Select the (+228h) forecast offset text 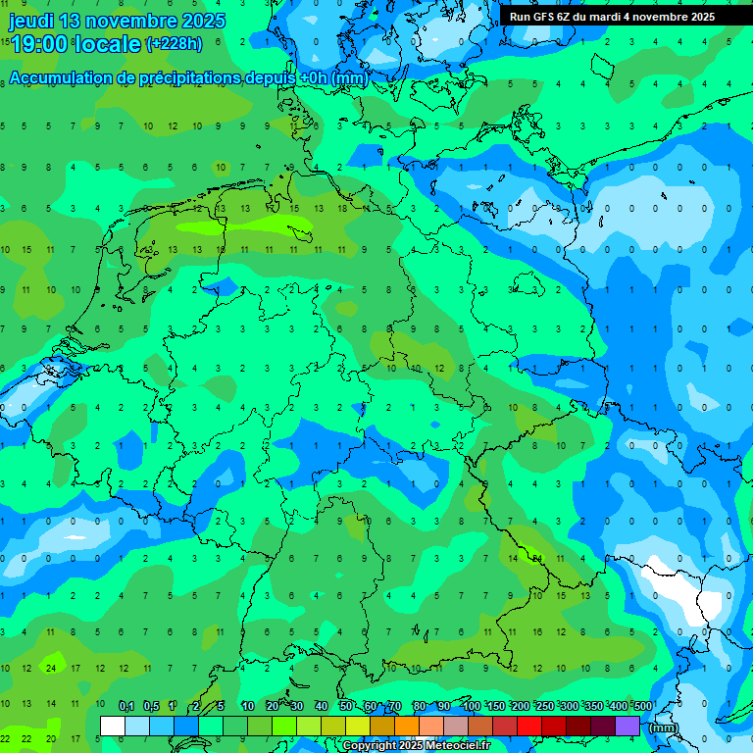(174, 43)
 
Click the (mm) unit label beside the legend (663, 728)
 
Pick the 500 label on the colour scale (643, 706)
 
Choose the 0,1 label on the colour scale (126, 706)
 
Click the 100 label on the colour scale (472, 706)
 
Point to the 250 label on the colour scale (545, 706)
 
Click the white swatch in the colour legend (113, 727)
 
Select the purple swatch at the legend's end (627, 727)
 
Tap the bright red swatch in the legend (529, 727)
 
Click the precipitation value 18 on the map (342, 208)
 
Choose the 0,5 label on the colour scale (151, 706)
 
